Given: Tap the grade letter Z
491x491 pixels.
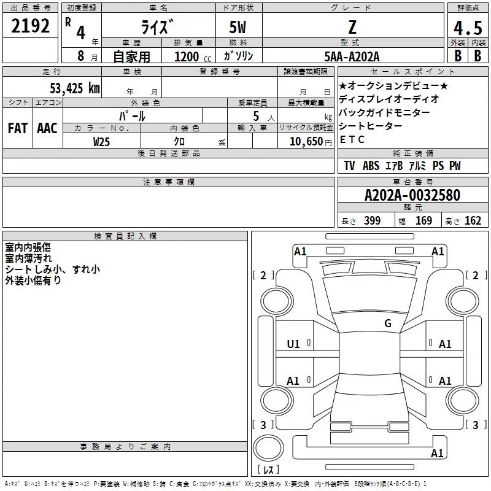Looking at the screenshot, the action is (352, 28).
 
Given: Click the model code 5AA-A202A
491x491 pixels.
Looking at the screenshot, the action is (352, 56).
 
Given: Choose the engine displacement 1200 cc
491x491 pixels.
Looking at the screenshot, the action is (188, 56).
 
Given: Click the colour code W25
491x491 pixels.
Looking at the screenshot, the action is (102, 141).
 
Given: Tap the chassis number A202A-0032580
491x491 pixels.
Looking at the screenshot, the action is (412, 195).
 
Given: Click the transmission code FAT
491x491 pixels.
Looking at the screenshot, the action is (17, 128).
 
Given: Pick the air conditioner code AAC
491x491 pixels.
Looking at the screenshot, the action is (47, 128).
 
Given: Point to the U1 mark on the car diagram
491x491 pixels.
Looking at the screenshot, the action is (293, 344).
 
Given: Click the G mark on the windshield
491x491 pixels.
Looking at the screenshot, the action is (388, 323).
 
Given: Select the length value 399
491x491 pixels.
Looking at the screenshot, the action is (372, 221).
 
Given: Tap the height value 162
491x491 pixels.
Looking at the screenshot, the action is (473, 221).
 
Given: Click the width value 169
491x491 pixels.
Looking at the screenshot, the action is (423, 221).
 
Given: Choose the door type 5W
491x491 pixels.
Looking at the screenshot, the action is (239, 28).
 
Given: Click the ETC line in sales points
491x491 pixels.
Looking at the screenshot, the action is (352, 139).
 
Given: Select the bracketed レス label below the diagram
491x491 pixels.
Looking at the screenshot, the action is (268, 470).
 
